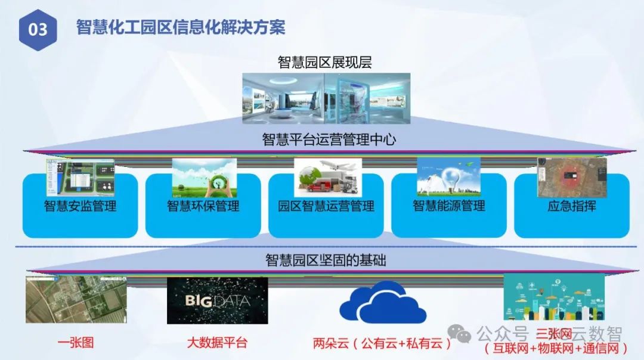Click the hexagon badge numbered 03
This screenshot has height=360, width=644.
tap(38, 29)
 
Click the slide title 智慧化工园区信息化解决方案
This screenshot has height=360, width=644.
tap(181, 27)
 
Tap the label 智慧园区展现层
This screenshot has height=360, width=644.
tap(326, 62)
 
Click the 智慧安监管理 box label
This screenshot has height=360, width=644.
tap(80, 206)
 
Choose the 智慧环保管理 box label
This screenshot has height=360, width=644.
tap(203, 206)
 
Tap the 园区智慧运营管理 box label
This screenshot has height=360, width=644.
tap(326, 206)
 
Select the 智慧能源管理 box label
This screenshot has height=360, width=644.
tap(449, 206)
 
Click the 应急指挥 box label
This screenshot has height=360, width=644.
tap(572, 206)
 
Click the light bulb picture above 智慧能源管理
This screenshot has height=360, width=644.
tap(448, 176)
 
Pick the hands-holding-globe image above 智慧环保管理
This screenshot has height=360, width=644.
tap(204, 177)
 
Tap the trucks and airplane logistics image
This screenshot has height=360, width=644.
tap(327, 177)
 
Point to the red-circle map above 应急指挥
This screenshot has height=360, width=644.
tap(571, 177)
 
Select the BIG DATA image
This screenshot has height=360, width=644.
tap(217, 300)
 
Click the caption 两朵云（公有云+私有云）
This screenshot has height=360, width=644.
tap(382, 343)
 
